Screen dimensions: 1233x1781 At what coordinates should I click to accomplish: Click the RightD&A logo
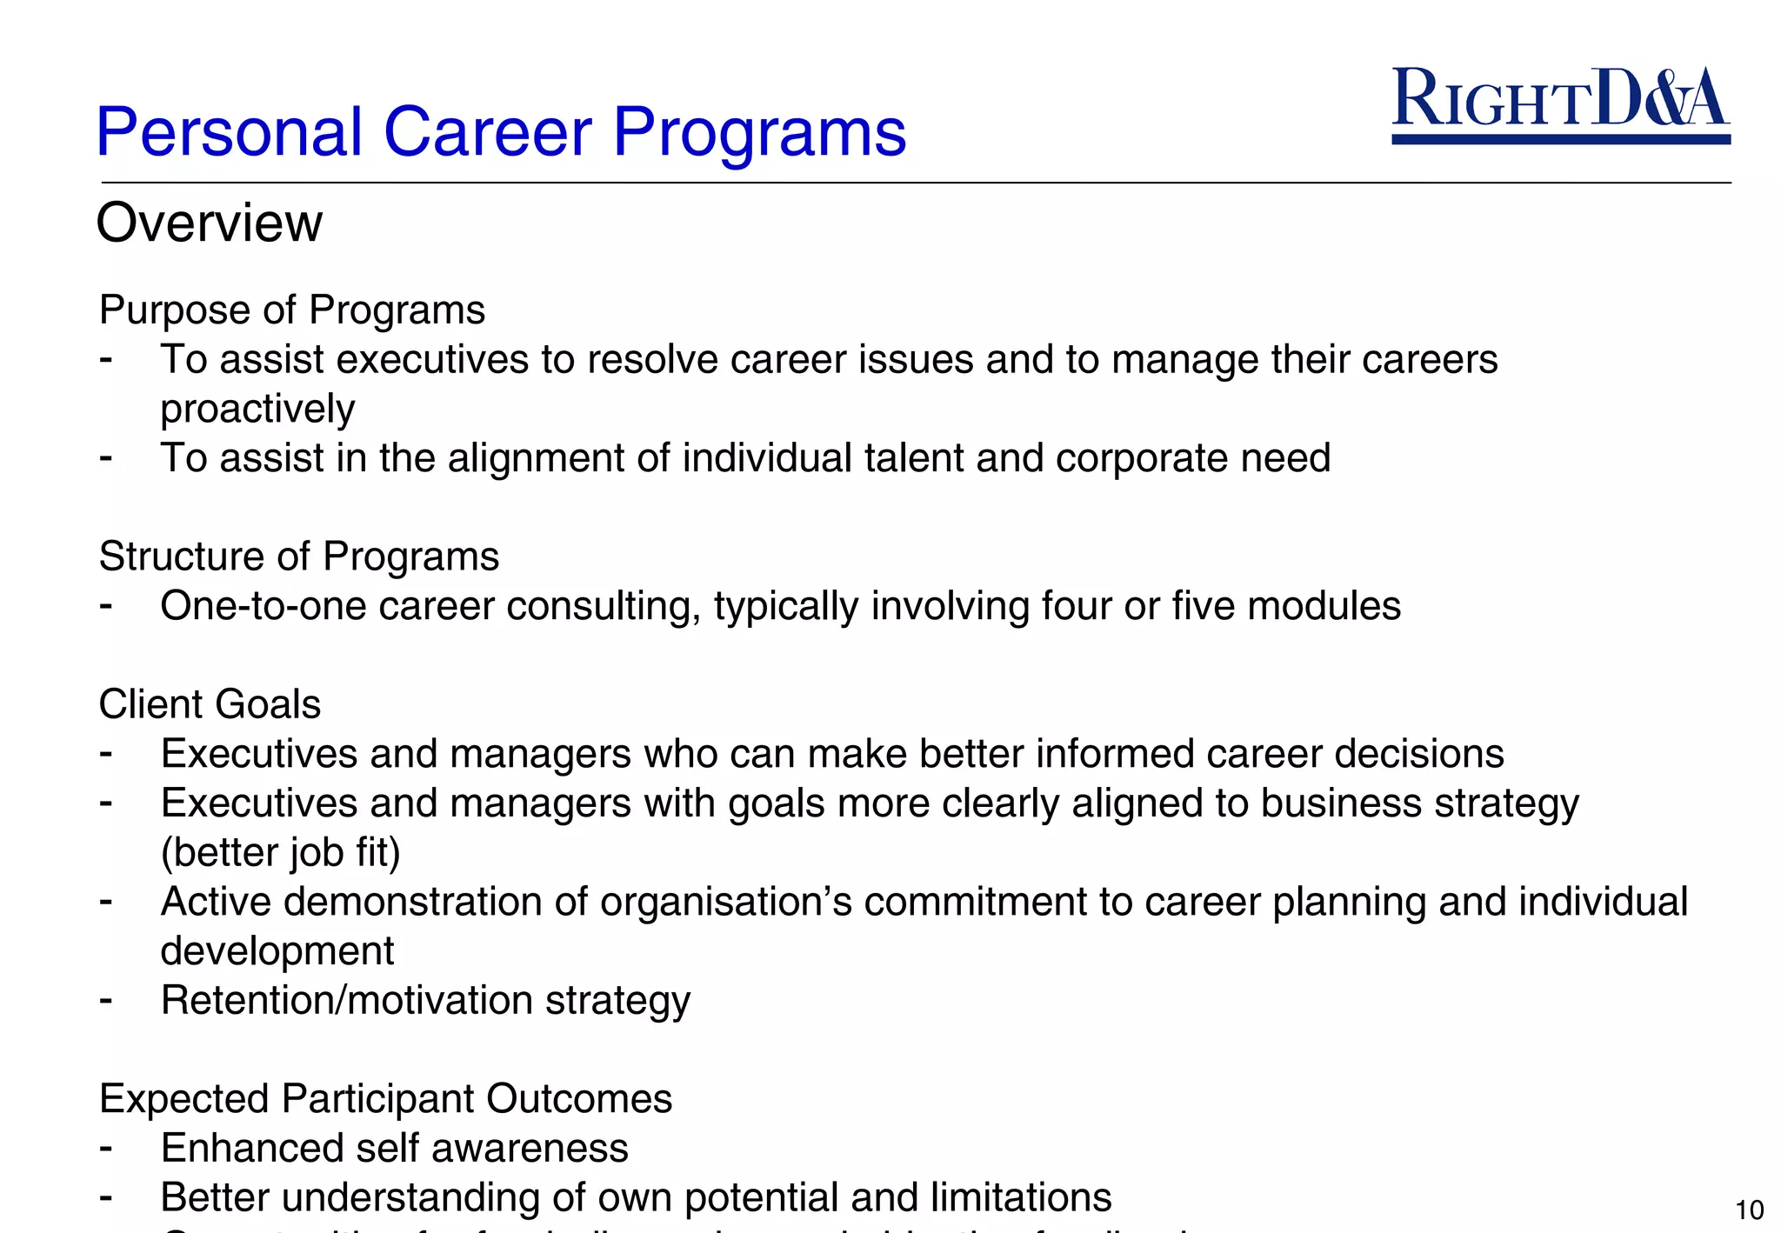point(1560,103)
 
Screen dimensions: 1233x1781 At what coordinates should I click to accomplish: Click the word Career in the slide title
point(487,132)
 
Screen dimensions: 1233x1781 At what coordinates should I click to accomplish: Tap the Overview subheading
point(209,223)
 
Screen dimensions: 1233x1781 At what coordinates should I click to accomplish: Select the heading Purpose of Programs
point(291,310)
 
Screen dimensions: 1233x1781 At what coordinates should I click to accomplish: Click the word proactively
point(257,409)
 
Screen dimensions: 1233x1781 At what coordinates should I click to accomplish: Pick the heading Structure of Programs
point(298,557)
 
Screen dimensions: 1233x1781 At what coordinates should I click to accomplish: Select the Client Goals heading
point(210,704)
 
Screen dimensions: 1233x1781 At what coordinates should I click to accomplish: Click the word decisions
point(1419,754)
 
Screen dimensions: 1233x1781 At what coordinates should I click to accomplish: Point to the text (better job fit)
point(280,853)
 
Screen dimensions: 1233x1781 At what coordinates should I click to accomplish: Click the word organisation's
point(726,902)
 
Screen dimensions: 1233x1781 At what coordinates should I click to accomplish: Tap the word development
point(277,951)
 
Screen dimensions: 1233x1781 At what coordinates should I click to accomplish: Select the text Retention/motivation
point(347,1001)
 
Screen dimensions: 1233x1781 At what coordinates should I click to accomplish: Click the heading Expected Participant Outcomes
point(385,1099)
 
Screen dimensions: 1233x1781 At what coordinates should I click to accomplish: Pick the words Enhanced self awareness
point(394,1149)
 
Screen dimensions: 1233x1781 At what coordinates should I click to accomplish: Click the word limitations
point(1020,1197)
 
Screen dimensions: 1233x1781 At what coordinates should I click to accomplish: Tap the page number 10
point(1749,1210)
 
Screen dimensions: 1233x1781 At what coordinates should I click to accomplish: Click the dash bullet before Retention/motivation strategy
point(106,999)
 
